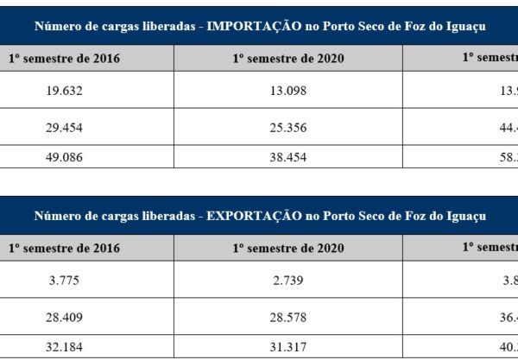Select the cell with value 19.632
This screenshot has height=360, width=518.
coord(64,90)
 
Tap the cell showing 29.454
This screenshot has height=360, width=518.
coord(64,128)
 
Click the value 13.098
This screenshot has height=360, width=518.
coord(287,90)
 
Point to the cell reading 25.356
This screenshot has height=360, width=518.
coord(287,128)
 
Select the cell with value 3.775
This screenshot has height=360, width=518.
coord(64,280)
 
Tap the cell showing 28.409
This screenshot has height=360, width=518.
coord(64,318)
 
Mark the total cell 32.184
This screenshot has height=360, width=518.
coord(64,348)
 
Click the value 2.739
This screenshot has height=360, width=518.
coord(287,280)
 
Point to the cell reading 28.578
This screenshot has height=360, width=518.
coord(287,318)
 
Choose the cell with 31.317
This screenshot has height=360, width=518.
coord(287,348)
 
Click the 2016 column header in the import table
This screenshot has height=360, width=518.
coord(64,58)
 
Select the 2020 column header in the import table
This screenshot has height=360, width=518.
coord(287,58)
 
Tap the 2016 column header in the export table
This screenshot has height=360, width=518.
coord(64,248)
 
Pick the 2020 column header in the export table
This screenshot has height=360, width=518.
coord(287,248)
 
